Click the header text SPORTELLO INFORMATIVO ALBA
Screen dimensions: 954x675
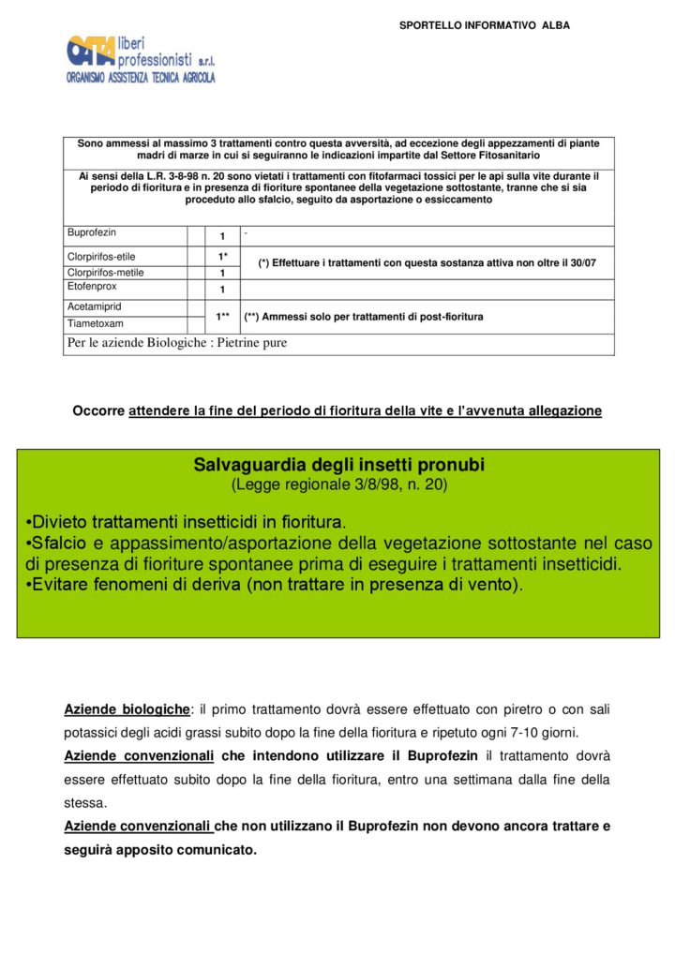tap(484, 25)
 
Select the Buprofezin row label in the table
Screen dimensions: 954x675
tap(92, 232)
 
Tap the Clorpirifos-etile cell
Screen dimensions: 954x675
tap(101, 256)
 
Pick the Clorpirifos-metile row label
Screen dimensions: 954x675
tap(105, 273)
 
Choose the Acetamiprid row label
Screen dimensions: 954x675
tap(95, 306)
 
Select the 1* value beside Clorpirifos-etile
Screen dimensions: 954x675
tap(223, 256)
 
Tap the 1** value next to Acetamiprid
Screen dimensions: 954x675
tap(223, 317)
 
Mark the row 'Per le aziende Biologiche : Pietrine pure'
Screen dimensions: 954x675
tap(177, 343)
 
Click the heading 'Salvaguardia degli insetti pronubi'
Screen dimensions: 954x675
tap(338, 465)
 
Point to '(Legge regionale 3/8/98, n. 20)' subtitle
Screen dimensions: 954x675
tap(338, 484)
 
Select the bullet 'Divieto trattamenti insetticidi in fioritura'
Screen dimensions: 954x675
tap(186, 522)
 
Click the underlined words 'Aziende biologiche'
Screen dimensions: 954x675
tap(127, 709)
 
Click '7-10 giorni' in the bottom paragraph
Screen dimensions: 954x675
tap(553, 732)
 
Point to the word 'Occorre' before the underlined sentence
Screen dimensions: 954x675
tap(98, 410)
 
